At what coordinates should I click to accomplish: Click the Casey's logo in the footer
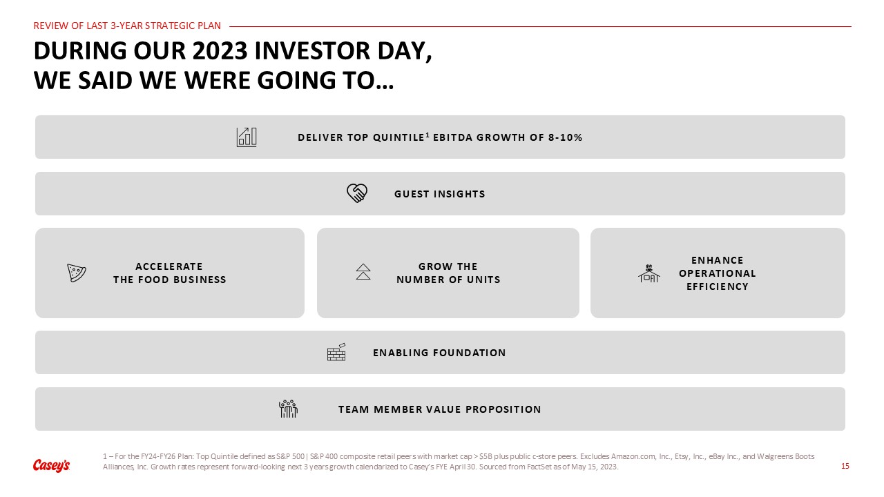point(51,465)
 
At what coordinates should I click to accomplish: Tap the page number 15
point(845,466)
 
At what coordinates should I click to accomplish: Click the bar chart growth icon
point(247,137)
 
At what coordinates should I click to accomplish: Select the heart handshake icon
point(357,193)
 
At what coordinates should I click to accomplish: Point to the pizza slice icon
point(77,273)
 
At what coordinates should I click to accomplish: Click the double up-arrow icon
point(363,272)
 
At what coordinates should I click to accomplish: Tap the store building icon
point(648,273)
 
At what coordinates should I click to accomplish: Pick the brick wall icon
point(336,352)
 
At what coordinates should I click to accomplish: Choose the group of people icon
point(288,409)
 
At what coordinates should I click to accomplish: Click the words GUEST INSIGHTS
point(440,194)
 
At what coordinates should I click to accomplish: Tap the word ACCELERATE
point(169,266)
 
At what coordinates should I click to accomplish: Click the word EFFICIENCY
point(718,286)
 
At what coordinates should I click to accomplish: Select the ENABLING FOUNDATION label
point(439,353)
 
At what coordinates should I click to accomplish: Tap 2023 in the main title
point(220,51)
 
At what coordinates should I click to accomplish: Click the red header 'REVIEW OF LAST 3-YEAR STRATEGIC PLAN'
point(127,26)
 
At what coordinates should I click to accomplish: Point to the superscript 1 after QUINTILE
point(427,135)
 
